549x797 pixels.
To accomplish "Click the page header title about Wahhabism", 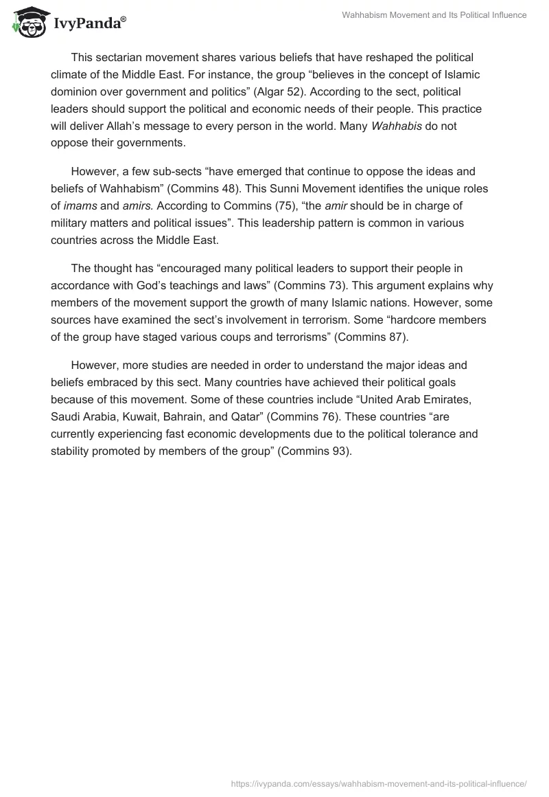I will pyautogui.click(x=434, y=15).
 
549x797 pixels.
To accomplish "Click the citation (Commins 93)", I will pyautogui.click(x=315, y=451).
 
